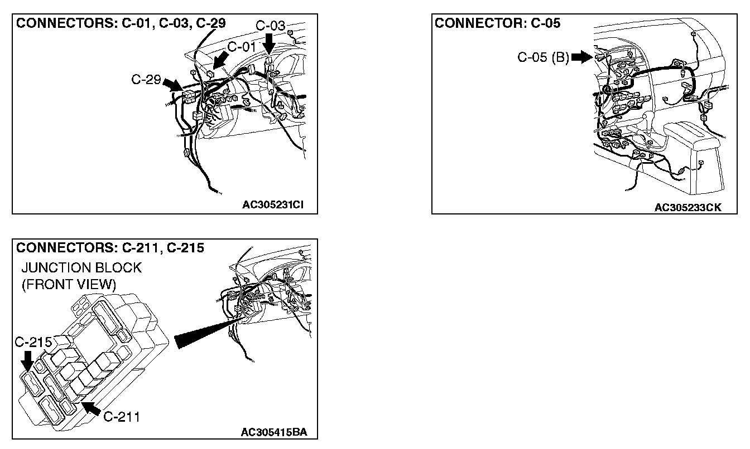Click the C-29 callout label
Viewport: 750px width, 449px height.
pos(146,80)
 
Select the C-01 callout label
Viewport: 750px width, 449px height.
pos(241,47)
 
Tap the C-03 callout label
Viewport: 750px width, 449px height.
pos(270,26)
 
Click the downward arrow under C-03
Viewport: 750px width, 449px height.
pos(269,42)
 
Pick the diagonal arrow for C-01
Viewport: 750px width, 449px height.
pos(222,58)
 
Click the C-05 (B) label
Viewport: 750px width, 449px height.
pos(543,57)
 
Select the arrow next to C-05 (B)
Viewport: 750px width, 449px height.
pos(581,57)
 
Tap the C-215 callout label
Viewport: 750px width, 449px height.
pos(33,341)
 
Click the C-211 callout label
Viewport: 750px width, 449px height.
pos(122,417)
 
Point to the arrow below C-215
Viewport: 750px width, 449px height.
pos(26,361)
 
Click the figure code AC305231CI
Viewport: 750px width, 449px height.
pos(272,204)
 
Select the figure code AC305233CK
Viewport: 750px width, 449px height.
pos(687,207)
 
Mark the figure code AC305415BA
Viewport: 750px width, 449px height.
pos(274,432)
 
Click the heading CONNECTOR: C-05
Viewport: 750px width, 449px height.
pos(497,23)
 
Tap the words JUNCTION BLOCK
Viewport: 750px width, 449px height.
pos(81,268)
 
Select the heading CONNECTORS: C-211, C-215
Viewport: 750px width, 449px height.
pos(110,247)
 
